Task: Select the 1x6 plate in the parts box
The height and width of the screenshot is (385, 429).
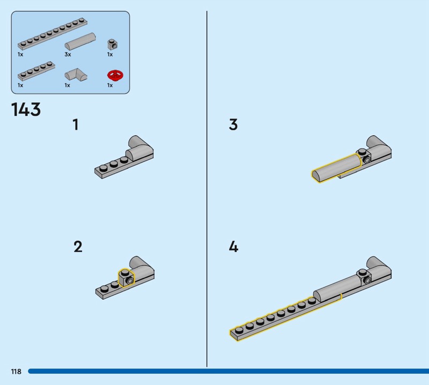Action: (36, 71)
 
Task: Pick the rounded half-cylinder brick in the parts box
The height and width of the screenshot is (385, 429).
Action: (80, 40)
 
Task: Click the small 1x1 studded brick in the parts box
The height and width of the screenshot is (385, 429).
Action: (112, 44)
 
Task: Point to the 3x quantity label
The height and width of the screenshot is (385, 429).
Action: (68, 55)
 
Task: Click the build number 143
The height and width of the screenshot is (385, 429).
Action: (26, 109)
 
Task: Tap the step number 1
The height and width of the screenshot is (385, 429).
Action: (76, 125)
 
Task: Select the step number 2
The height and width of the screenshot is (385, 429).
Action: (78, 247)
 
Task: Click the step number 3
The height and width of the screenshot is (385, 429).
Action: (233, 125)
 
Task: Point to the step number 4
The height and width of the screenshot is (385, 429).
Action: (233, 247)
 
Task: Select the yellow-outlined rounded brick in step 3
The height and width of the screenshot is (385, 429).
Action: (336, 167)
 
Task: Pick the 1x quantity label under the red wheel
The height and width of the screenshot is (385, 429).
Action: (109, 85)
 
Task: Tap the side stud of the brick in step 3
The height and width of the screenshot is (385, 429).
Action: (367, 159)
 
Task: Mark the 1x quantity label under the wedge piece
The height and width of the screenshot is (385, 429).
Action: (68, 85)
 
